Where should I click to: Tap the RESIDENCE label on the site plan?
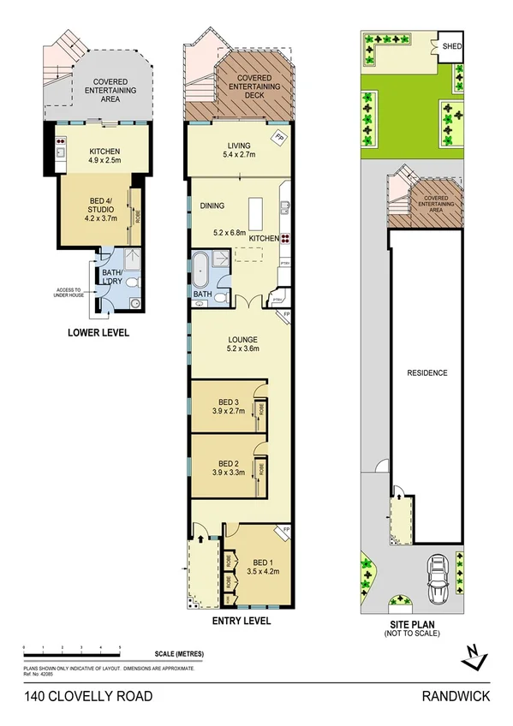[x=427, y=373]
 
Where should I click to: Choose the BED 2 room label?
[x=227, y=465]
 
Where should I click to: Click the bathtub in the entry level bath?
[x=199, y=269]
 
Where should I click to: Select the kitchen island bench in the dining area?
[x=255, y=211]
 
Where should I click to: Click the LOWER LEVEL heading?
[x=98, y=332]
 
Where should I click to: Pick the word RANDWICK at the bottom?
[x=456, y=696]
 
